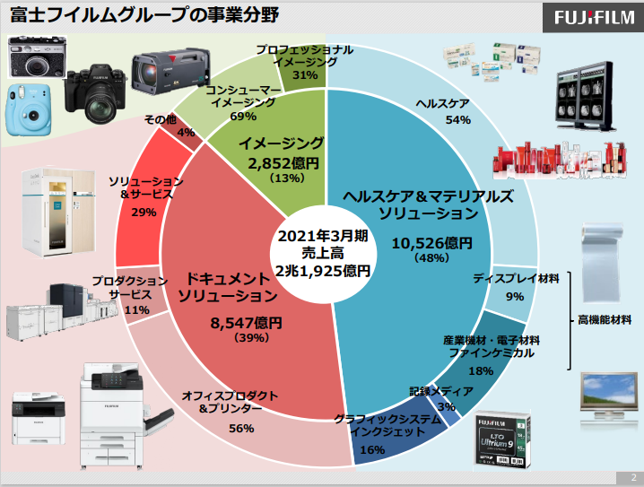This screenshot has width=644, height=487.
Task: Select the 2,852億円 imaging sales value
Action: coord(281,162)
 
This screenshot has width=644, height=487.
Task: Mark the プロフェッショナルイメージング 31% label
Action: coord(303,63)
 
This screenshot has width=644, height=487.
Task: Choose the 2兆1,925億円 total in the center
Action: coord(323,268)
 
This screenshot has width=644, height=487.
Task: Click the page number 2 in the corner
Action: coord(632,477)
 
